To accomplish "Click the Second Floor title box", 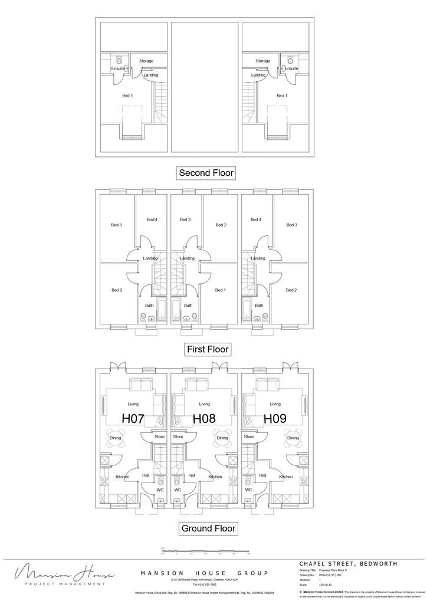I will coord(206,173).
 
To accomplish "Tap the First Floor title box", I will coord(208,349).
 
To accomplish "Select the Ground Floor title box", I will coord(208,528).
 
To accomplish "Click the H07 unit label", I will coord(133,418).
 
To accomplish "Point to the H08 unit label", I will coord(204,418).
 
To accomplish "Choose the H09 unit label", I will coord(275,418).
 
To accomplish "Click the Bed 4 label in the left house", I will coord(152,219).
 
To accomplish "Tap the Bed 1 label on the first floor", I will coord(220,290).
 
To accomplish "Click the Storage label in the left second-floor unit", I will coord(146,61).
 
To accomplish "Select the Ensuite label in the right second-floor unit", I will coord(291,68).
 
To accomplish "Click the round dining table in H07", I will coord(116,438).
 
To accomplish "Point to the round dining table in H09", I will coord(293,438).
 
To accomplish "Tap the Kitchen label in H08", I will coord(215,477).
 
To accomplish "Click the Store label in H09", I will coord(249,437).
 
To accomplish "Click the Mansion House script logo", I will coord(59,573).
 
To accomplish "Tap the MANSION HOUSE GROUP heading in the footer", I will coord(203,573).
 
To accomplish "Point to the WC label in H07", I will coord(159,490).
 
